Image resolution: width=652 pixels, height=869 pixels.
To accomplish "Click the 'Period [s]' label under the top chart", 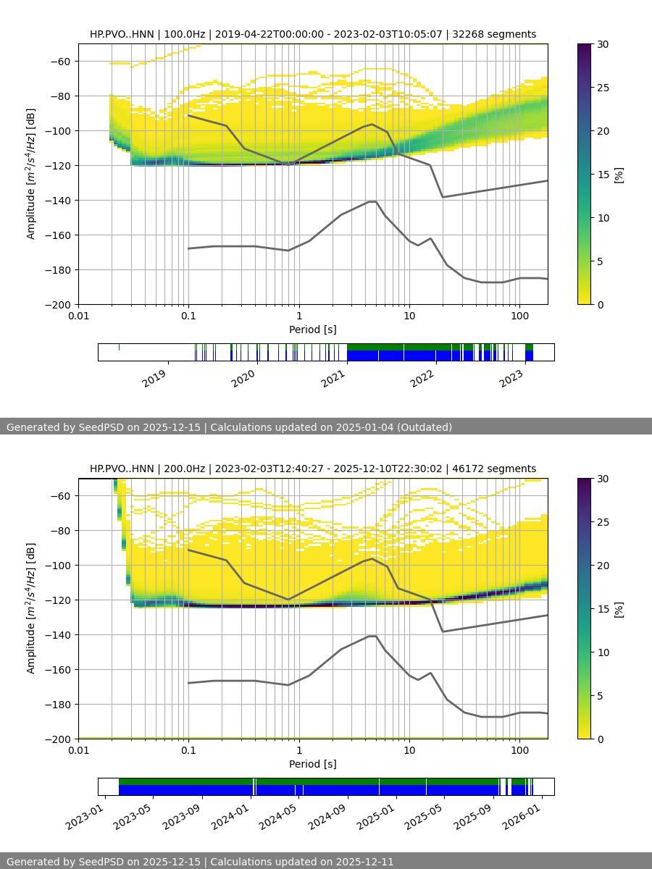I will [x=313, y=329].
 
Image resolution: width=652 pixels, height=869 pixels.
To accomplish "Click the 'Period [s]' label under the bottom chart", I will [x=313, y=764].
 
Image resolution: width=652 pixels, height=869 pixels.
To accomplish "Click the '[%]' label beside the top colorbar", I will [x=619, y=175].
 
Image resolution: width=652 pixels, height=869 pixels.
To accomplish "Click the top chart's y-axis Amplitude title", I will [x=30, y=174].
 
